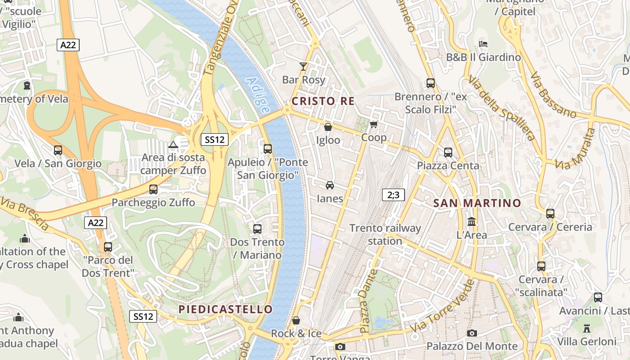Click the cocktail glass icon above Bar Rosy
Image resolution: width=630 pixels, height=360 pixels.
pos(303,67)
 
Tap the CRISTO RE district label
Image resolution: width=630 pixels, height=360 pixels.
pos(323,101)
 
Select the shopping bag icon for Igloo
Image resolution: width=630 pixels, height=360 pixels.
pos(328,127)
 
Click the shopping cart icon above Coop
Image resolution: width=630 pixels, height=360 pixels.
pos(373,124)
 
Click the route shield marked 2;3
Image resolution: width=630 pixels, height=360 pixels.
pos(393,195)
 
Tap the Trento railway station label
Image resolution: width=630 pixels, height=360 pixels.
pos(385,234)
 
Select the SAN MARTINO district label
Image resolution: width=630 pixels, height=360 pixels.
pos(477,203)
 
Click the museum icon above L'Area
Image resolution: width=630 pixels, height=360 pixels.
pos(472,221)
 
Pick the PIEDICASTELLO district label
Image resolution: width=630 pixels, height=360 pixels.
pos(225,309)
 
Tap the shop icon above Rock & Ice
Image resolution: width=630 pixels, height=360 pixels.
pos(296,320)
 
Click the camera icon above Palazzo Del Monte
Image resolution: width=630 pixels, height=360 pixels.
pos(472,333)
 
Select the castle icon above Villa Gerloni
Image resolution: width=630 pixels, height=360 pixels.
pos(586,328)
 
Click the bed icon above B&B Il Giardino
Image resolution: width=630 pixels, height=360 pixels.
pos(483,44)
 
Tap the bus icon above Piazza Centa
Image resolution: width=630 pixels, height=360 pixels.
pos(448,152)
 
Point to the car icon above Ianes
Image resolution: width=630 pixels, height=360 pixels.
pos(330,185)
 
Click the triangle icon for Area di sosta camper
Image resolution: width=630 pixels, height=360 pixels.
pos(173,144)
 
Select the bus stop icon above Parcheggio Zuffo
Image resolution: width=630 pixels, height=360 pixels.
pos(153,189)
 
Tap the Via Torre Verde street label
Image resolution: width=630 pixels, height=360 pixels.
pos(443,307)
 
